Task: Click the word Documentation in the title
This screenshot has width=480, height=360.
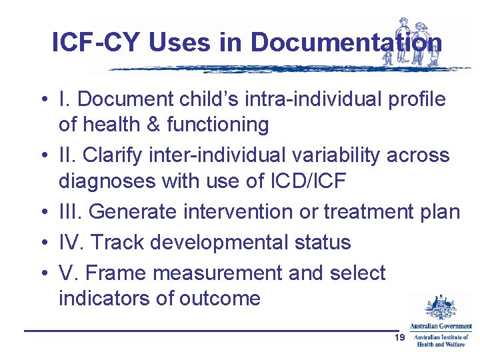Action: pos(346,43)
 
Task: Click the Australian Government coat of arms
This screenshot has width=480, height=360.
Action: pos(440,308)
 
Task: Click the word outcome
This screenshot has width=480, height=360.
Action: pos(219,298)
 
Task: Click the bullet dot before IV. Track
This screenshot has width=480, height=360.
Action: pos(42,242)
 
